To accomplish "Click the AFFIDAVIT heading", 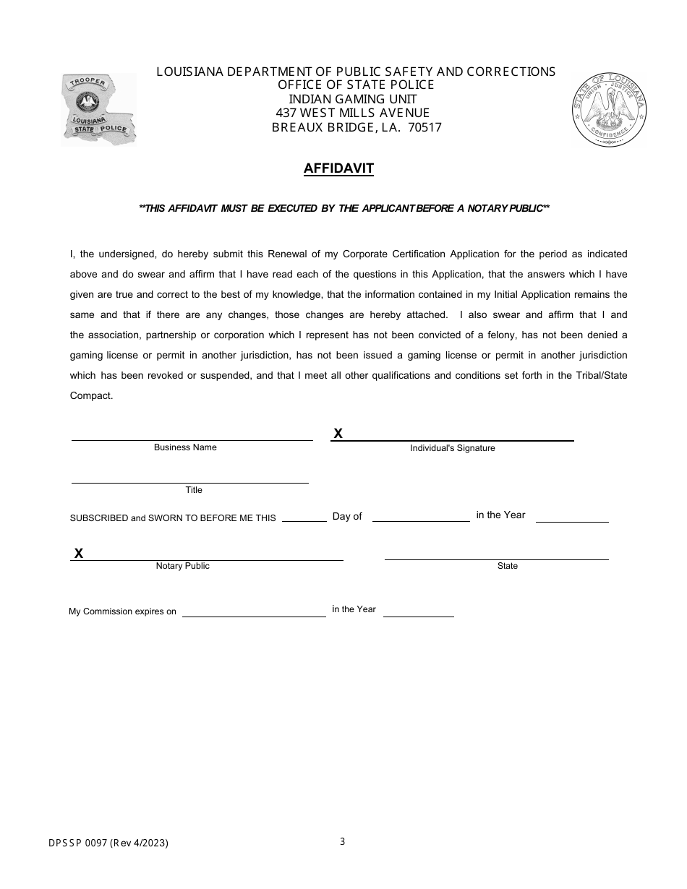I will [x=338, y=168].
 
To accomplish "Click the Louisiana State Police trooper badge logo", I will [x=99, y=109].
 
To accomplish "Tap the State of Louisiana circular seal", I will [x=609, y=109].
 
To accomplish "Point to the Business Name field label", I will [x=185, y=447].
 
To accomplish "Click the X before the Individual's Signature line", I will [x=338, y=434].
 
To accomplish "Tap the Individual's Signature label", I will [x=453, y=448].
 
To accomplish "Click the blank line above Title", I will [x=189, y=481].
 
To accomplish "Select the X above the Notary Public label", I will [x=79, y=554].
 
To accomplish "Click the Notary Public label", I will [x=182, y=566].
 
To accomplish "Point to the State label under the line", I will [x=508, y=566].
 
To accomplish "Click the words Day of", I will [x=347, y=516].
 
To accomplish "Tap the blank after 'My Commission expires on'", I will [x=254, y=614].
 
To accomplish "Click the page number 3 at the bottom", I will [x=343, y=841].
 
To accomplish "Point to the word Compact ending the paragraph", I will [x=91, y=395].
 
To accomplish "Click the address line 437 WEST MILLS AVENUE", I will [x=353, y=113].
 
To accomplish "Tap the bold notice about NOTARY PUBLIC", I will [x=344, y=208].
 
